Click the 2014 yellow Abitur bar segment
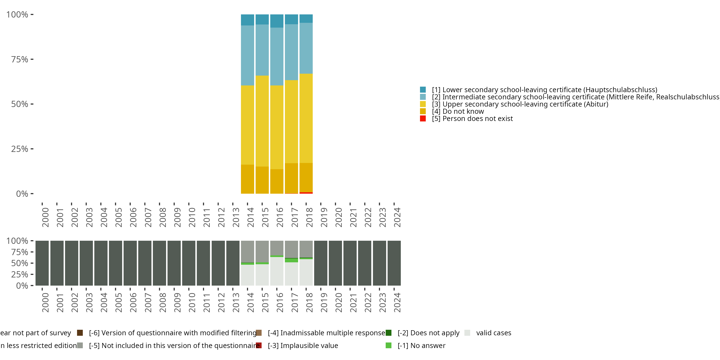click(247, 125)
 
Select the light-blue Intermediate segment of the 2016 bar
click(277, 56)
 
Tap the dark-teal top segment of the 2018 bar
click(306, 18)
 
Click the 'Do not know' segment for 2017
click(291, 178)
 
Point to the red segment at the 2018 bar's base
click(306, 193)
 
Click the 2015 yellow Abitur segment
click(262, 121)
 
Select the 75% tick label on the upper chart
click(20, 60)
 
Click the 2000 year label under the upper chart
click(45, 217)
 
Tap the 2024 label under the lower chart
click(397, 303)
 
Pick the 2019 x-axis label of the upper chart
click(324, 217)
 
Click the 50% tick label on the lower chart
click(20, 263)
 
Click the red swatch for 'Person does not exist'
click(423, 119)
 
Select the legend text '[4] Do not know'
click(458, 112)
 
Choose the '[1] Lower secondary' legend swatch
click(423, 90)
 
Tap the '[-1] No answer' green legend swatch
click(389, 345)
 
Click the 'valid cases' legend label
click(494, 333)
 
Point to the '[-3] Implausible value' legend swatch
click(259, 345)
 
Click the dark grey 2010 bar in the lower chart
click(189, 263)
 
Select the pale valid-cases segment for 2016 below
click(277, 271)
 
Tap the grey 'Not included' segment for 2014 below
click(247, 252)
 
